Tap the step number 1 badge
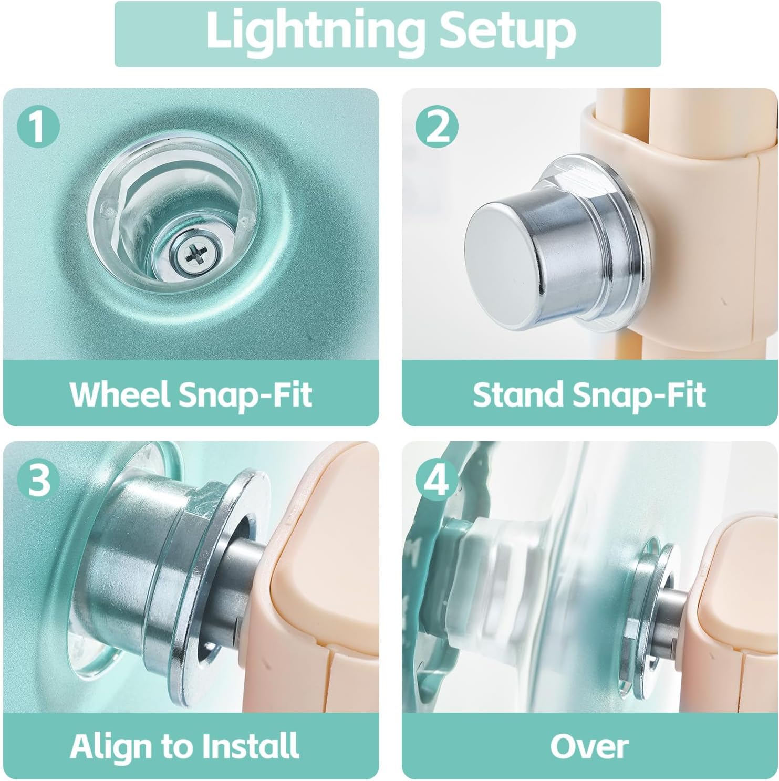pyautogui.click(x=37, y=128)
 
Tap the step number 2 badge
pyautogui.click(x=437, y=128)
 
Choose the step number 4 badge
pyautogui.click(x=437, y=480)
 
